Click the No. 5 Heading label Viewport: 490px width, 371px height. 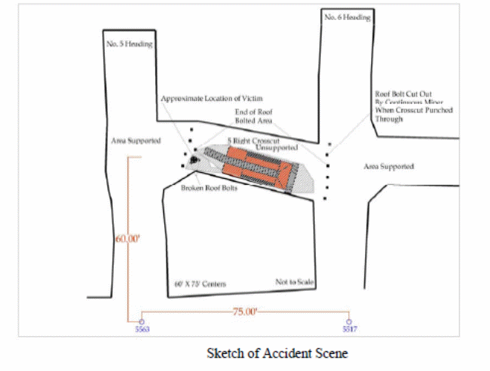click(130, 44)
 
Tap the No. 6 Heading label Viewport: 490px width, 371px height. click(347, 16)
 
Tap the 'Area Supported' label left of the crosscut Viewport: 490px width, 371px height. click(137, 140)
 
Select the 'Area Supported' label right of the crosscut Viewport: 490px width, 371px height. click(389, 166)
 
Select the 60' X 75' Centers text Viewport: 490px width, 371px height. click(200, 284)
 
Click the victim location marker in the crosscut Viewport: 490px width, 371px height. click(193, 160)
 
